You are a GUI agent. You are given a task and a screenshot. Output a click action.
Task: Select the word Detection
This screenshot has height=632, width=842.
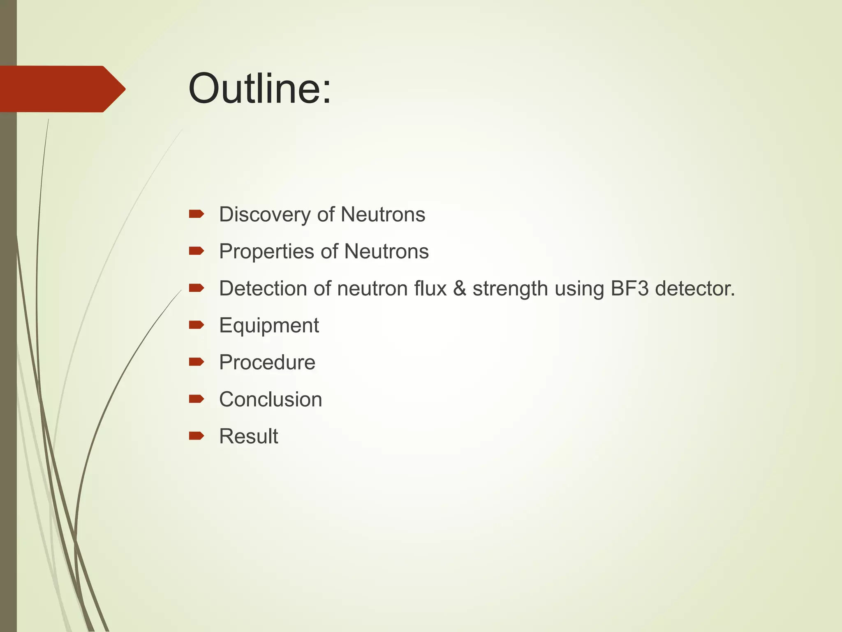point(263,288)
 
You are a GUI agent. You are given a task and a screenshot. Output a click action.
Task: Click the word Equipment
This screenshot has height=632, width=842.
point(269,325)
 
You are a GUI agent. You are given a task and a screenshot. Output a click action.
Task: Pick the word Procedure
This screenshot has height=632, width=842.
point(267,362)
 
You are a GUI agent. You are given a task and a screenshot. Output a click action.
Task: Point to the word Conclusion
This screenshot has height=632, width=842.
point(270,400)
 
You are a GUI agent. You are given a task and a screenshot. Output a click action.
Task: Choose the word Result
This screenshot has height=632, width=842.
point(248,436)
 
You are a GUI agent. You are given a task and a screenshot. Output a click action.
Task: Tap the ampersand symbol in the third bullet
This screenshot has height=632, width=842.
point(459,288)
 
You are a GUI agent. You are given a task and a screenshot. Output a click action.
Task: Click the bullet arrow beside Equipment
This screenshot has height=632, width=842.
point(196,325)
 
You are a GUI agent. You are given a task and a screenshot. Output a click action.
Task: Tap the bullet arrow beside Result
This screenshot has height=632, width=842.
point(196,436)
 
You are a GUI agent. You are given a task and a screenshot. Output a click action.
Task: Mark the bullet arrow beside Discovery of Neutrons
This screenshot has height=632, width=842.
point(196,214)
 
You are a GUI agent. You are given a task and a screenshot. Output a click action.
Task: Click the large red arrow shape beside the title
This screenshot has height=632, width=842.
point(62,89)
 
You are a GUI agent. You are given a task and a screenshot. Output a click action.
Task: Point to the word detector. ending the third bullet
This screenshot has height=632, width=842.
point(694,288)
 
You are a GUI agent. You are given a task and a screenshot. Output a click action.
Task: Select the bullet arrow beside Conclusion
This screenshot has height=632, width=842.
point(196,399)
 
